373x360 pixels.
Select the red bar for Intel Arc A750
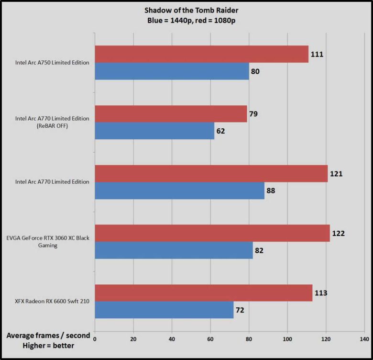[201, 54]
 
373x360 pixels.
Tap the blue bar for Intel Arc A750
[172, 71]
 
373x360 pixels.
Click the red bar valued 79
[171, 114]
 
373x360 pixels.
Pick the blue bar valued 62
[154, 130]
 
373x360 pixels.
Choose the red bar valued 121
[211, 173]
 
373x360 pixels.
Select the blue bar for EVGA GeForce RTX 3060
[174, 250]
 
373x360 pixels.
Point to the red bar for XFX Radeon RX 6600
[203, 292]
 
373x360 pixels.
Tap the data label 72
[240, 310]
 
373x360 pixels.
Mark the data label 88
[270, 191]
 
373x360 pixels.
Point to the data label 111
[317, 54]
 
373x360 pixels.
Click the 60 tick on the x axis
[210, 339]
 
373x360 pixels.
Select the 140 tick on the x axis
[364, 339]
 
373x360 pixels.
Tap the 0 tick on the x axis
[95, 339]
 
